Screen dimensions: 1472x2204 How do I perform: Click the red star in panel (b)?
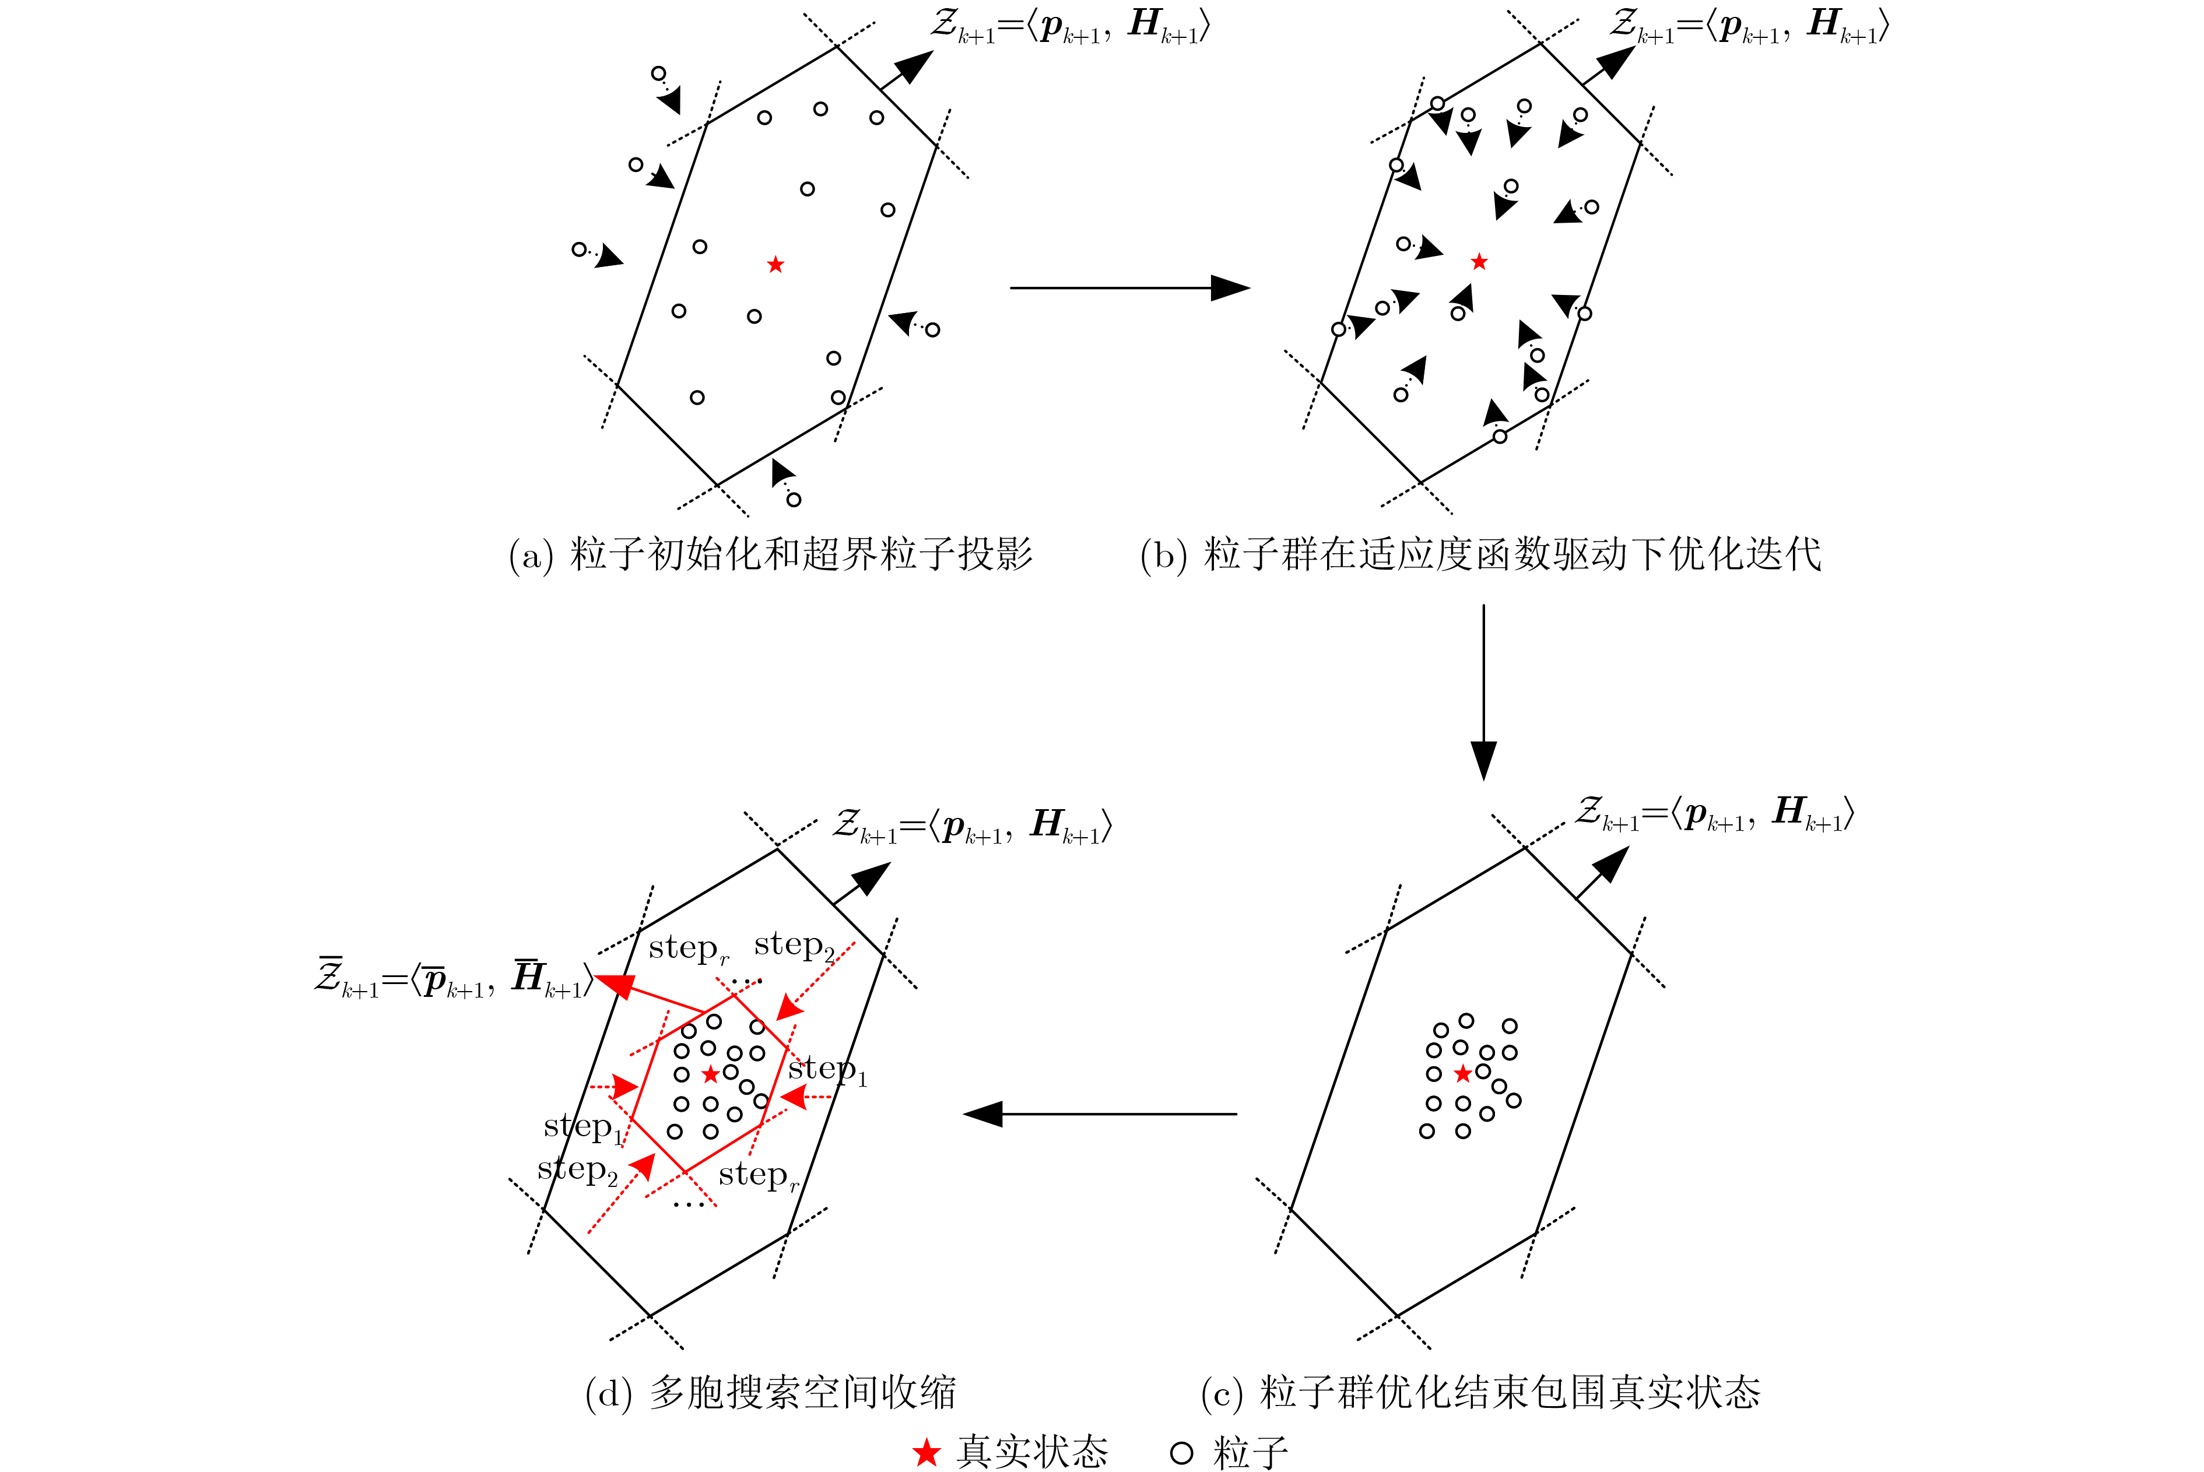coord(1479,262)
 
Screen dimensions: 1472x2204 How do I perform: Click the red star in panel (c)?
coord(1462,1074)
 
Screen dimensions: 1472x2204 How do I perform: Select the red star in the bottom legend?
coord(926,1453)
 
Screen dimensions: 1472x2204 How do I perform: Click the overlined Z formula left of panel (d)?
coord(454,979)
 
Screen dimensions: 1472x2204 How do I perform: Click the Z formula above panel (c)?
coord(1714,813)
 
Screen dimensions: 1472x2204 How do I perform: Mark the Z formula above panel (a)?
coord(1070,25)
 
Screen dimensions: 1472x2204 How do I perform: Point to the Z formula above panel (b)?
coord(1749,25)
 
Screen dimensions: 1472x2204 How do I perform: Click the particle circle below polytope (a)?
coord(794,500)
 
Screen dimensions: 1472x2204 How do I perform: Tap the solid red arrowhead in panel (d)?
coord(615,985)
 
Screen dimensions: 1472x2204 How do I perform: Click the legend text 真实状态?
coord(1033,1453)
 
